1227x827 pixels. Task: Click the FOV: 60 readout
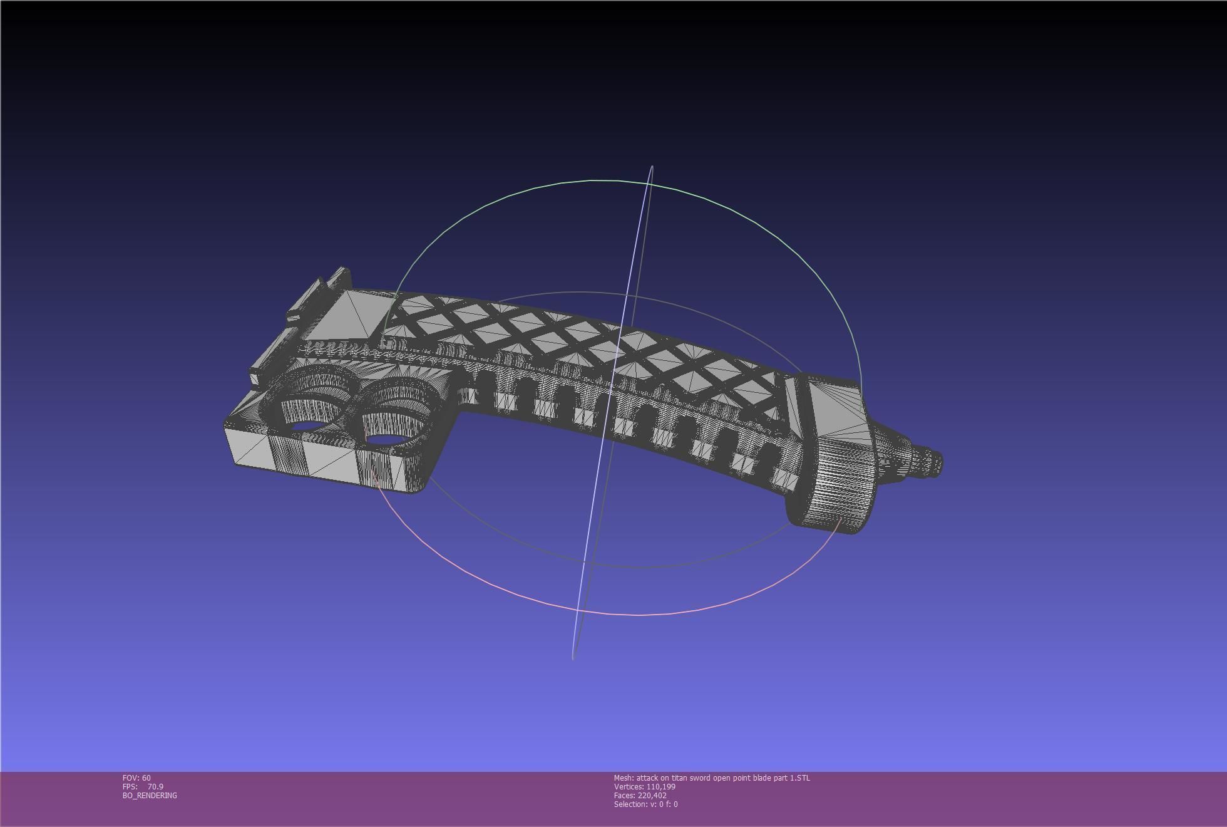click(136, 778)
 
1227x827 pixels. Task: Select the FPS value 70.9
click(155, 786)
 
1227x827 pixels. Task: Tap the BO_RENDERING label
click(150, 795)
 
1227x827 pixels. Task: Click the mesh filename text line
click(711, 778)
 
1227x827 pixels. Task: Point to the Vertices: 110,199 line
click(644, 786)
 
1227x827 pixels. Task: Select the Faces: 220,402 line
click(640, 795)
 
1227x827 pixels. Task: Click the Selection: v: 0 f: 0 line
click(645, 804)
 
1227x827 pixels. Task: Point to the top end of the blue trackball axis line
click(652, 167)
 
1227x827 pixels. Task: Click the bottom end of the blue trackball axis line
click(573, 657)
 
